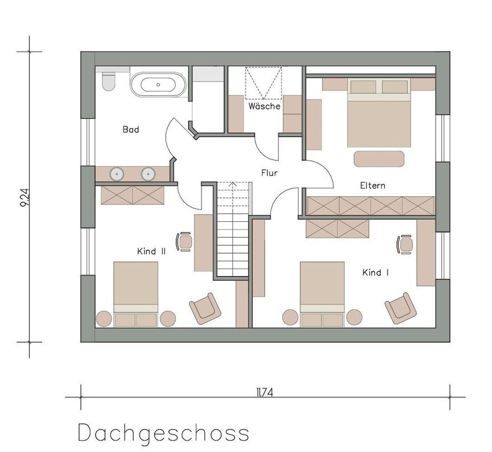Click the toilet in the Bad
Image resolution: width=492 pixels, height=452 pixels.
108,81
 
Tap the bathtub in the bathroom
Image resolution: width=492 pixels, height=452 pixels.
158,85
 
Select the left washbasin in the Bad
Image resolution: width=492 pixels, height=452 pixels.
117,174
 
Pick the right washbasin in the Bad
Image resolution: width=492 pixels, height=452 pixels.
149,174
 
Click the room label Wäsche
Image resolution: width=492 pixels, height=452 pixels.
264,107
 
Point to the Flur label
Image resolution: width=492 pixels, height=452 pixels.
269,173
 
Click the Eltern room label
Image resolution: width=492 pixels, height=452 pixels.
373,186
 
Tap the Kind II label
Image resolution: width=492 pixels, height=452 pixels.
151,251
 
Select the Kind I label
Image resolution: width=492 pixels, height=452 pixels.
375,273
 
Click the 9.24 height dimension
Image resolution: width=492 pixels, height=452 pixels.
24,197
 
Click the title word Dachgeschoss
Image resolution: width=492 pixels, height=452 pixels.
163,433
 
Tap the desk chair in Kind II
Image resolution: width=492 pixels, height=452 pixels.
184,241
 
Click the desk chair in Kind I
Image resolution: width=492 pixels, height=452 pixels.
405,244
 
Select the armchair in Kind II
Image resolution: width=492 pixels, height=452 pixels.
205,308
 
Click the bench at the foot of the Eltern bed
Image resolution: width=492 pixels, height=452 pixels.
379,158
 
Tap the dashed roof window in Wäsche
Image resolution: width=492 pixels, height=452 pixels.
263,83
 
